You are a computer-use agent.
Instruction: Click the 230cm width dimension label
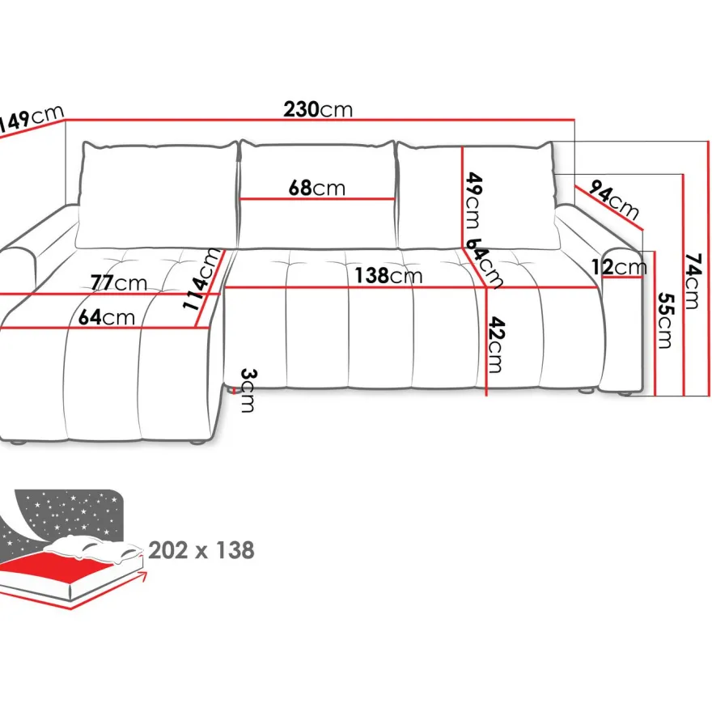coord(318,109)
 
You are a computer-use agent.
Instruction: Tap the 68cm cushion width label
coord(317,188)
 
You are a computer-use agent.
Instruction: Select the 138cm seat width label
coord(388,276)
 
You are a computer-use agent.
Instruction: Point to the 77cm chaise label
coord(119,283)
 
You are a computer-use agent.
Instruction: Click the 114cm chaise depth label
coord(201,279)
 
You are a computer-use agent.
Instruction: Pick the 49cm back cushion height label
coord(473,201)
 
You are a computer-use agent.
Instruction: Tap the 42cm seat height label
coord(496,345)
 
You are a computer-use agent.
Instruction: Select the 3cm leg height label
coord(248,390)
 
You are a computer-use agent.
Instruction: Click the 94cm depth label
coord(614,200)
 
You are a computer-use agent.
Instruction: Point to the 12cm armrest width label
coord(619,267)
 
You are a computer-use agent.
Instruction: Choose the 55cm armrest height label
coord(665,320)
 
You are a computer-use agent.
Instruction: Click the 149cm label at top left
coord(30,119)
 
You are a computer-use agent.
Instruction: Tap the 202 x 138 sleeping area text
coord(201,550)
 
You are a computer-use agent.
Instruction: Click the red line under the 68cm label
coord(317,199)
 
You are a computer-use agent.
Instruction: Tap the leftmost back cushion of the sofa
coord(157,195)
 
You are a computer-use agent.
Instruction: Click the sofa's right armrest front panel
coord(622,320)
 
